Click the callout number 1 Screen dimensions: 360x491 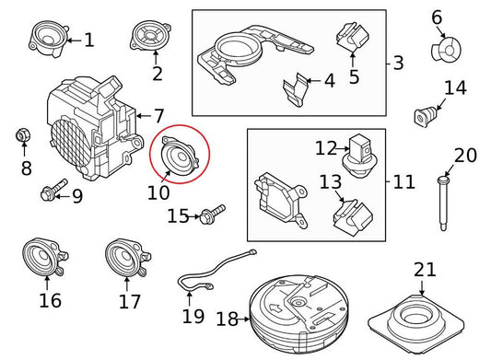[88, 41]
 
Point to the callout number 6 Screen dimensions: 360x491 [437, 17]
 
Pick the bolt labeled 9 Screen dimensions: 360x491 [50, 193]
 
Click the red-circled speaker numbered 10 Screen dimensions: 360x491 [179, 156]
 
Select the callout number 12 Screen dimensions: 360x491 [326, 147]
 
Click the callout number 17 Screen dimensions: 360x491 [130, 301]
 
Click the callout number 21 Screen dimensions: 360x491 [424, 270]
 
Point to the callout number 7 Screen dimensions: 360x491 [158, 116]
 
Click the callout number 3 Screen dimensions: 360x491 [398, 63]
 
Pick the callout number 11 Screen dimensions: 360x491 [403, 181]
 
